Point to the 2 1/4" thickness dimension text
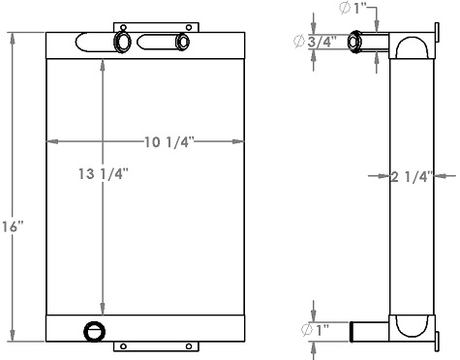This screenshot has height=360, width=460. [x=411, y=176]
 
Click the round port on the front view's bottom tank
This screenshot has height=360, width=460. [x=94, y=331]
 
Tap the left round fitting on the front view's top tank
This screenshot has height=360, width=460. [x=124, y=42]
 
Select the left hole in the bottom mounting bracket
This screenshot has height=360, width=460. [x=123, y=346]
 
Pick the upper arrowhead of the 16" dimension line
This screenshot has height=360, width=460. [x=12, y=38]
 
